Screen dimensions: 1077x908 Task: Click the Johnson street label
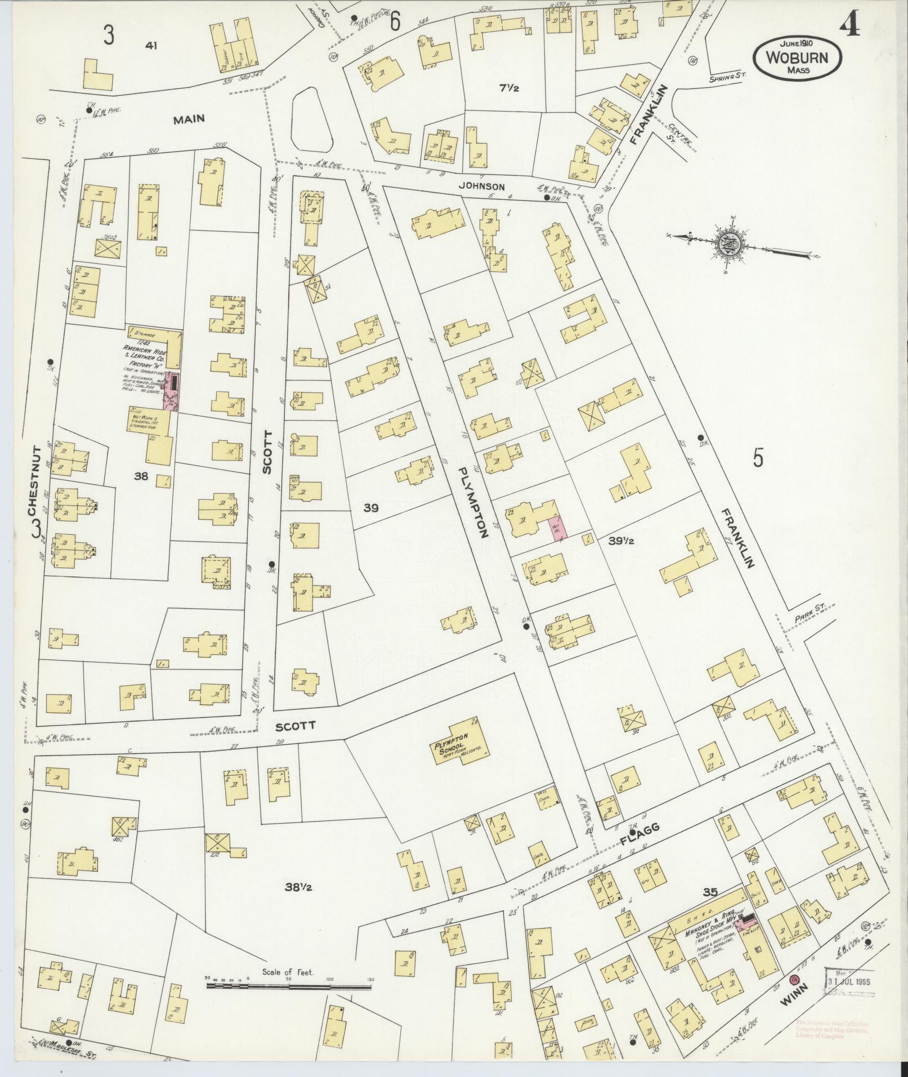point(481,186)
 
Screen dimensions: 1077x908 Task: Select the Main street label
point(189,119)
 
